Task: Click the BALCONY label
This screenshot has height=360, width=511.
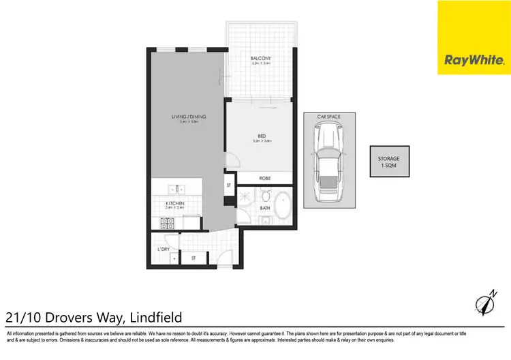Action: (x=260, y=59)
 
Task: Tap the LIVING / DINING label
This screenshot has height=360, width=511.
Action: (x=189, y=117)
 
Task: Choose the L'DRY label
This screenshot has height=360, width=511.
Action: (x=163, y=249)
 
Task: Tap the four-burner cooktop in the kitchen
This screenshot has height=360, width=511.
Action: (x=168, y=221)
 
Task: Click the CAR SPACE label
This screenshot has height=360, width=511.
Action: (x=328, y=117)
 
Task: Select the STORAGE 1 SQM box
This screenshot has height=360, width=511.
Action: (x=389, y=162)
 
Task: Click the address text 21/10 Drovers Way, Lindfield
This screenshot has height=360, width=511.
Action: (x=93, y=317)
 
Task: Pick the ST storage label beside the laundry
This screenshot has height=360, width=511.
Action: (x=193, y=258)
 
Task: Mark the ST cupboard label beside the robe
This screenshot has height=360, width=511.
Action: (x=229, y=185)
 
